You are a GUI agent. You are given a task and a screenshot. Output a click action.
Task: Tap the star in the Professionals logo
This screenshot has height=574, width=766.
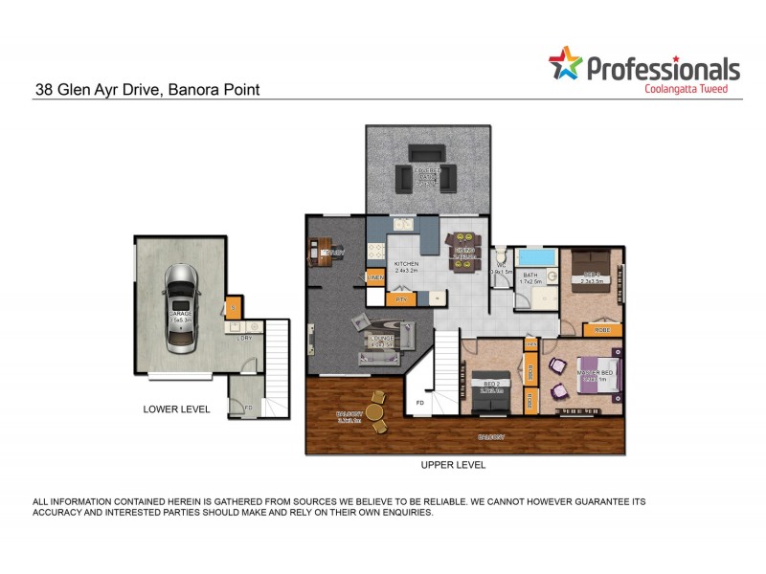pos(565,64)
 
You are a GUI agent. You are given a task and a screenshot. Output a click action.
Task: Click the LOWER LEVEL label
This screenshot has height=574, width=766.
pos(176,408)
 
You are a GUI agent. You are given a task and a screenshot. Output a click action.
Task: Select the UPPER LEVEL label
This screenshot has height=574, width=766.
pos(453,465)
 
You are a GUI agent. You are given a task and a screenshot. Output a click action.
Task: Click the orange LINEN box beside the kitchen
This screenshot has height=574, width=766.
pos(376,277)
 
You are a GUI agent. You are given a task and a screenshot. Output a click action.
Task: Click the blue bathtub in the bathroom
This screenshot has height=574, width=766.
pos(536,258)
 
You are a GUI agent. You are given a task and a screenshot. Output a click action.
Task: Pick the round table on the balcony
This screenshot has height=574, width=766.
pos(375,413)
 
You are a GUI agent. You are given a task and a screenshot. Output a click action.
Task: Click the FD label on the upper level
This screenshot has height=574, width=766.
pos(418,405)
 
